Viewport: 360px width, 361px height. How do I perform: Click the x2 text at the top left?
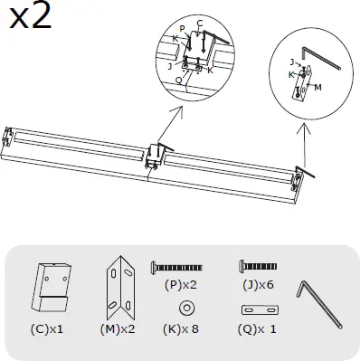(x=29, y=17)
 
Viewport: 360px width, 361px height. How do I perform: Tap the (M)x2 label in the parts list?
(x=118, y=328)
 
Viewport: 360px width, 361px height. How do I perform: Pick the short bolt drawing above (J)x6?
(x=256, y=267)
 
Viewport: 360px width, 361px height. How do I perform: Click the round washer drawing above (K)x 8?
(x=185, y=309)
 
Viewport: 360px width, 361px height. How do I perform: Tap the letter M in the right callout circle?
(x=318, y=88)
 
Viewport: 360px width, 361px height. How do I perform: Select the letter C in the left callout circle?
(x=199, y=22)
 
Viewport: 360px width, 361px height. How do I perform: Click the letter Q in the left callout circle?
(x=178, y=80)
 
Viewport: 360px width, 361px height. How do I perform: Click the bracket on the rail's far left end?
(x=9, y=137)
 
